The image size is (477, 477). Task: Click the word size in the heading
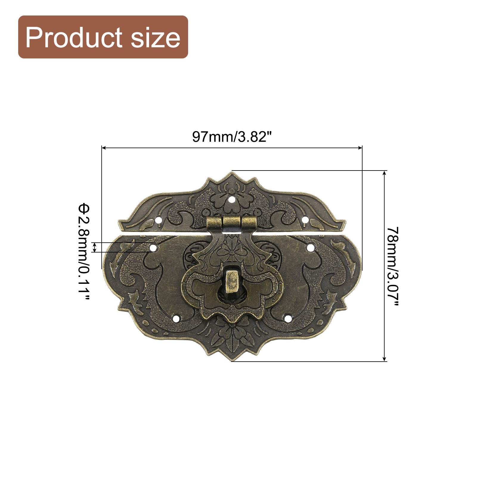pos(155,38)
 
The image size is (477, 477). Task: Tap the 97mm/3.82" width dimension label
pos(232,137)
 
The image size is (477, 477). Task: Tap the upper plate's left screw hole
pos(159,221)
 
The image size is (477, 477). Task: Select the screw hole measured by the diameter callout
pos(153,247)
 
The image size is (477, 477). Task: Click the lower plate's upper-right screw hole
pos(310,247)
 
